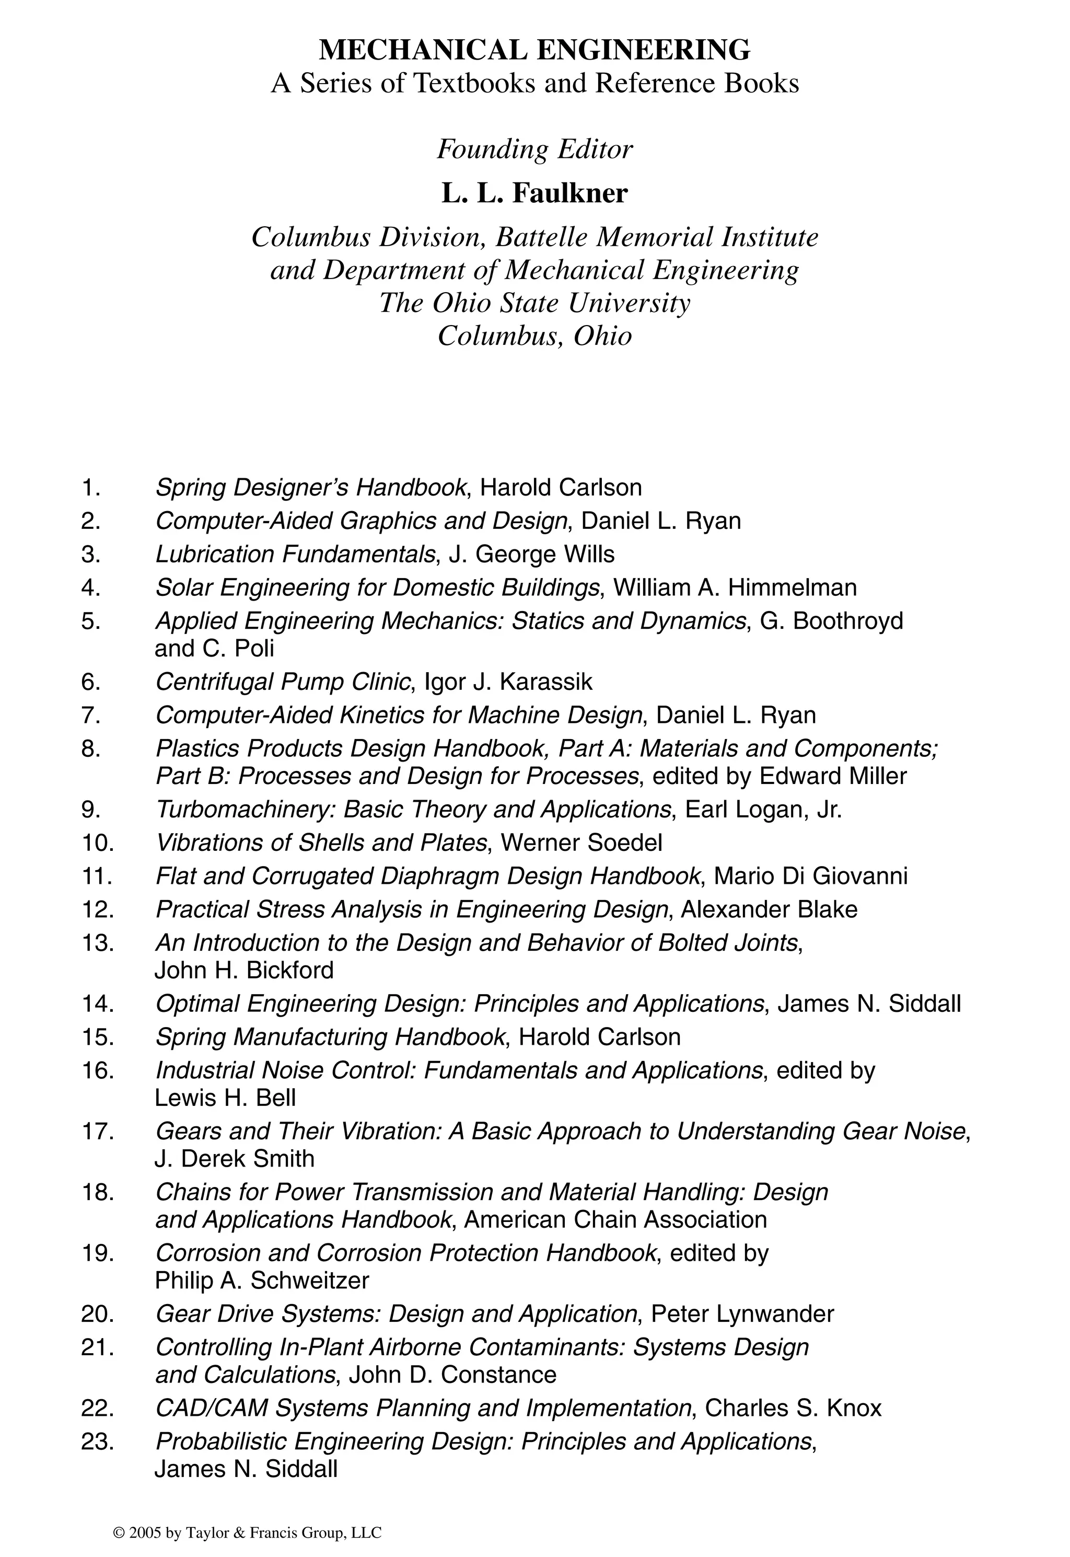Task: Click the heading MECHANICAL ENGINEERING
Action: click(x=534, y=50)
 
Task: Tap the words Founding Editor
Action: click(x=534, y=149)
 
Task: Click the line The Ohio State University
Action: click(x=534, y=303)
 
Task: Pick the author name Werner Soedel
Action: click(x=581, y=843)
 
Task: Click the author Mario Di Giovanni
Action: click(x=810, y=876)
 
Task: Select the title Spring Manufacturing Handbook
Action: click(x=330, y=1037)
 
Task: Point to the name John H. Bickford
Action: click(x=244, y=970)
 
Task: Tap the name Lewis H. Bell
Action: click(x=225, y=1098)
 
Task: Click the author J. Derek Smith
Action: click(x=235, y=1159)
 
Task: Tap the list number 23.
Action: click(x=98, y=1441)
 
